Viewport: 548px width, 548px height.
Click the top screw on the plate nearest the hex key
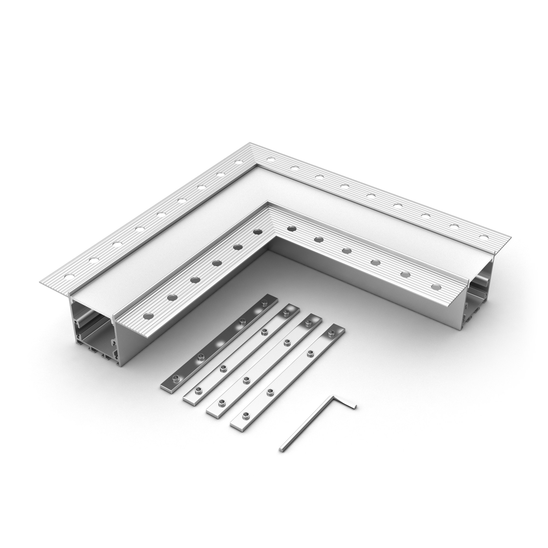[330, 335]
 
